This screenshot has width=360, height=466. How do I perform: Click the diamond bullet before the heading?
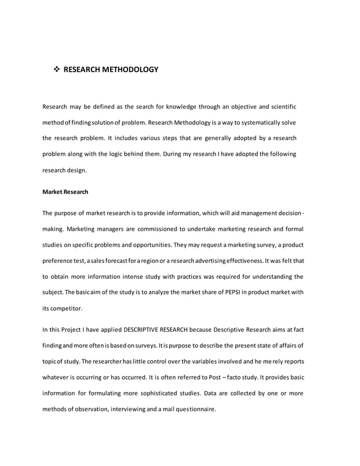coord(56,70)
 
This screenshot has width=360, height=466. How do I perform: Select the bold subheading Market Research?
coord(65,192)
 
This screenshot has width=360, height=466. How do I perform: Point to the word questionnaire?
coord(193,409)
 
